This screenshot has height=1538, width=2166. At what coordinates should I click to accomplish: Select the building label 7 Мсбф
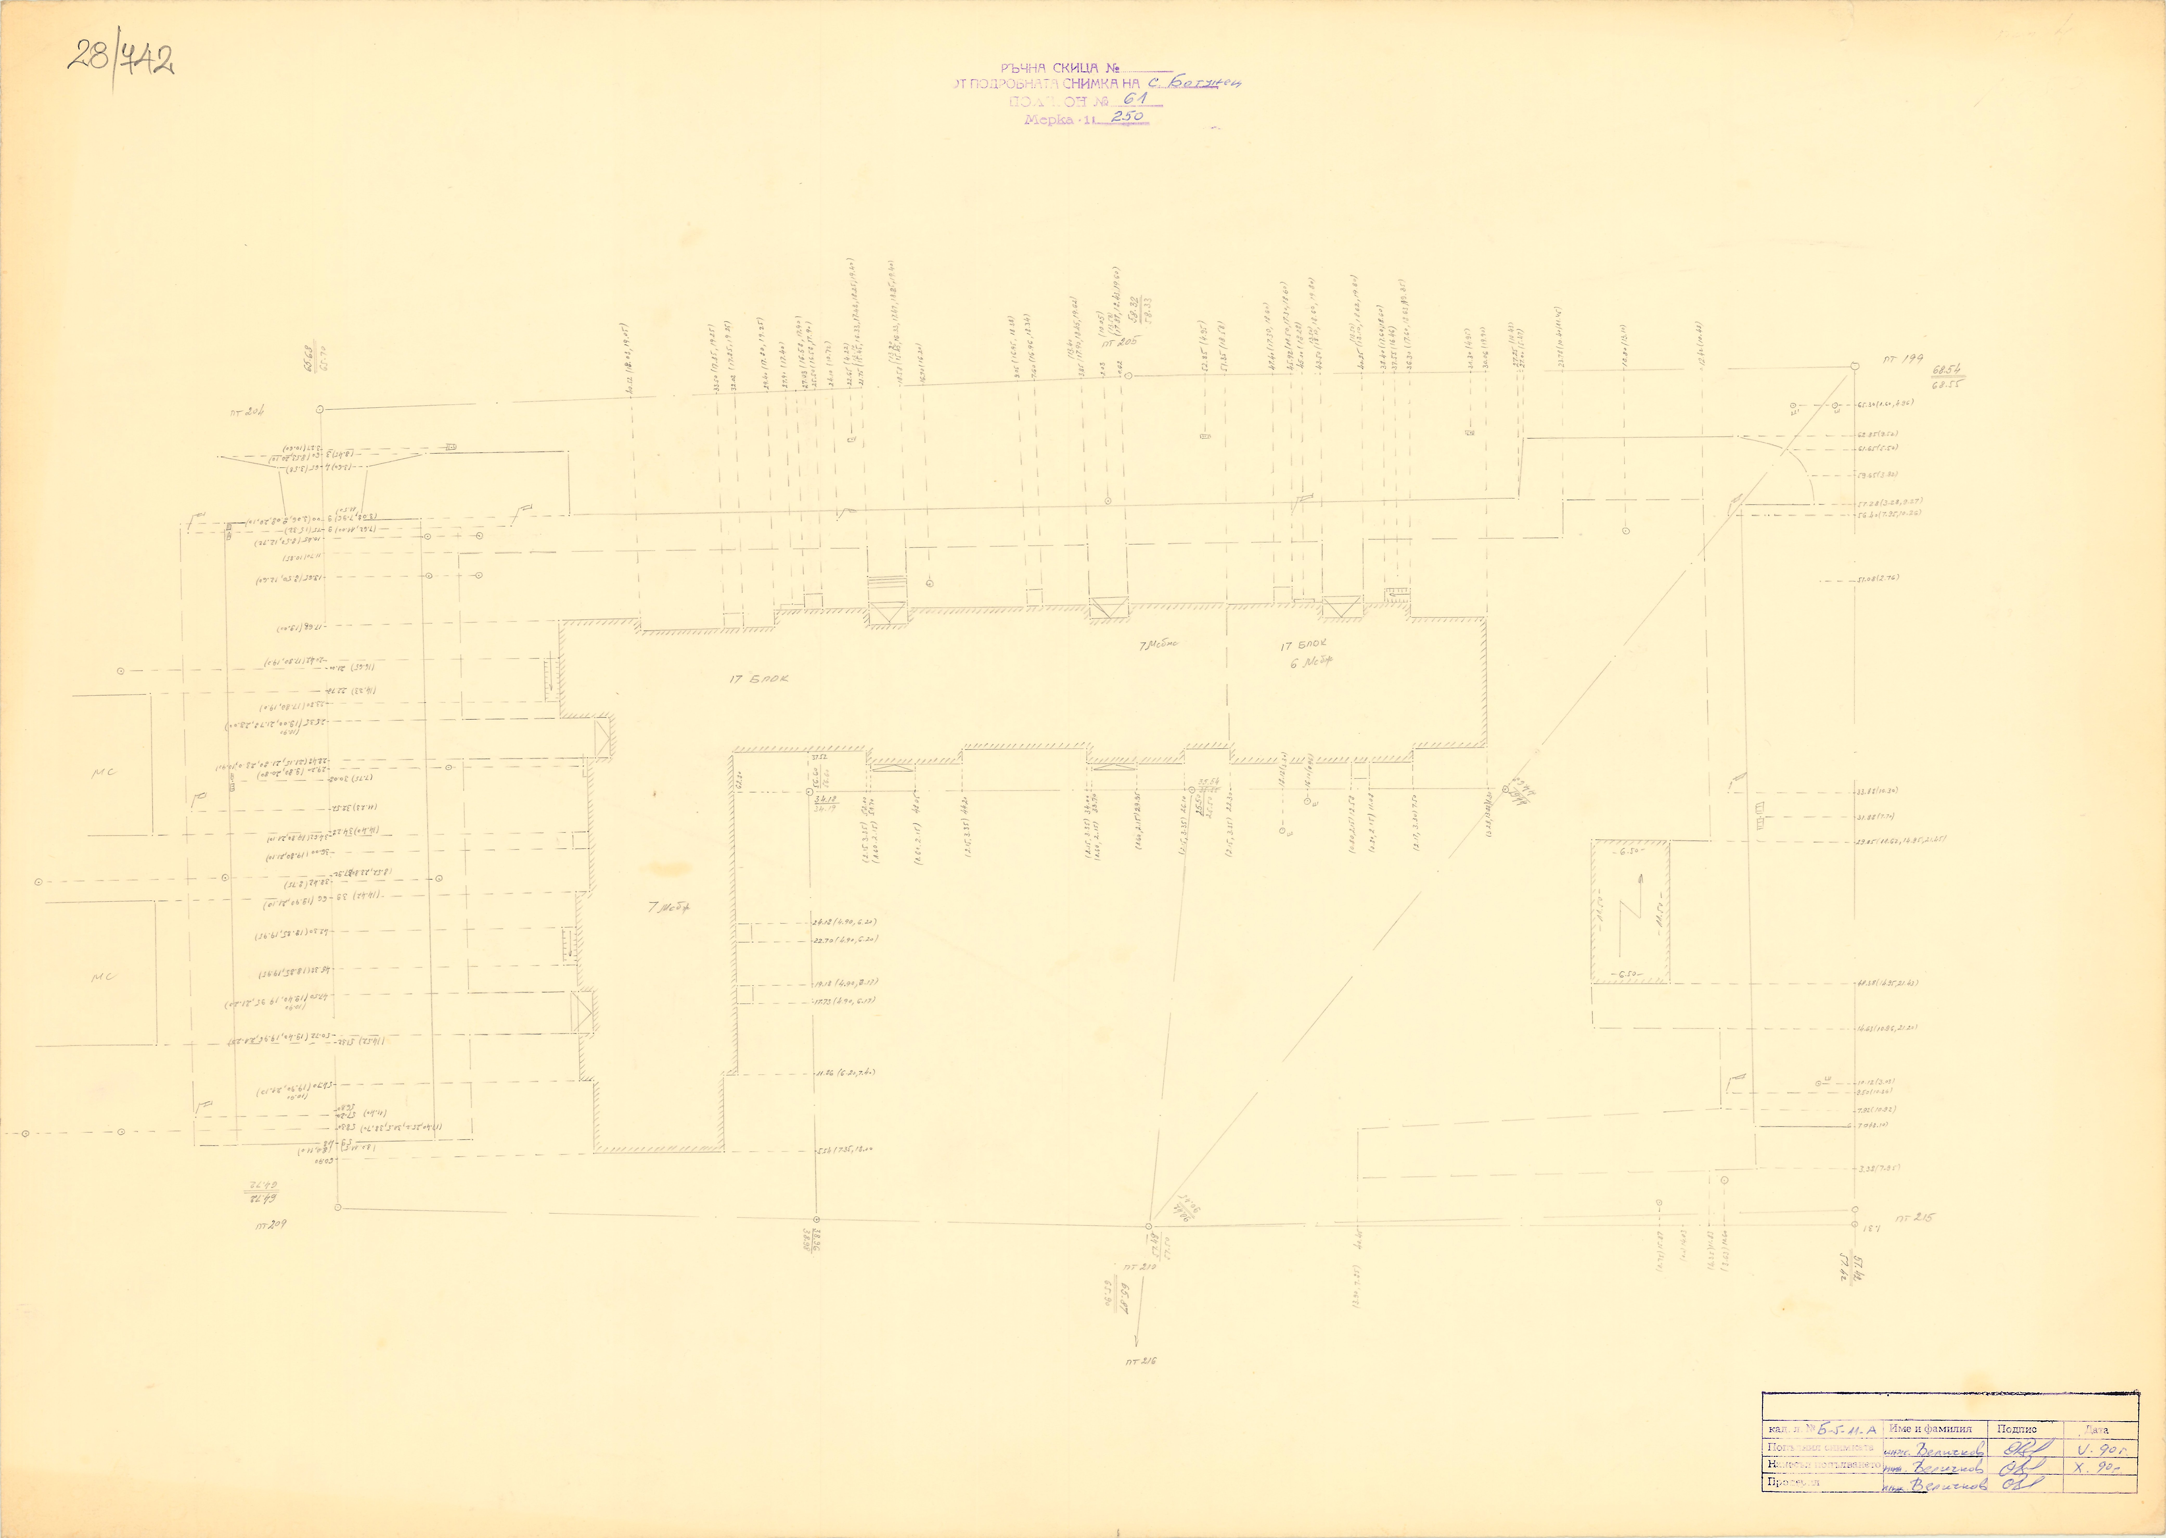click(x=669, y=907)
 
